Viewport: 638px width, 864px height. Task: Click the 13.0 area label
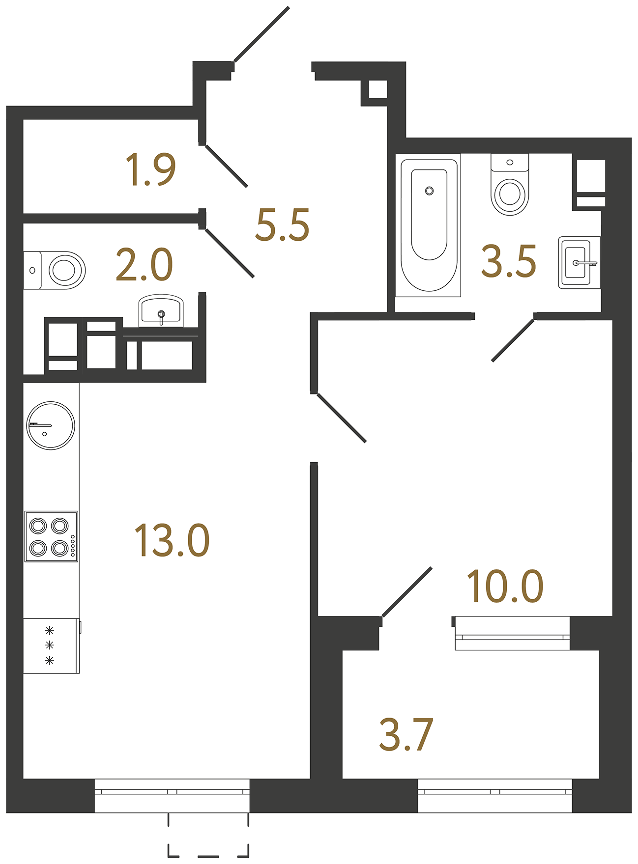pos(172,540)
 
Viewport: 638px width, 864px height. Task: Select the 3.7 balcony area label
pos(406,735)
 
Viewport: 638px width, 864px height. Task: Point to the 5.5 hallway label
pos(282,225)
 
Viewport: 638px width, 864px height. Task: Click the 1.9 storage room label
pos(150,169)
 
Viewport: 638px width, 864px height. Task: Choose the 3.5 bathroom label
pos(508,261)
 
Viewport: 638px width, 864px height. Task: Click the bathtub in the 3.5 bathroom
pos(429,226)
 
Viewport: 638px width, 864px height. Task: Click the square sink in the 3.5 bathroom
pos(579,262)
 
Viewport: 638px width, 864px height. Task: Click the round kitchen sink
pos(51,425)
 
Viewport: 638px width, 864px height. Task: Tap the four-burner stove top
pos(51,536)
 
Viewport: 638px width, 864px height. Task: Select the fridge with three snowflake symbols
pos(51,645)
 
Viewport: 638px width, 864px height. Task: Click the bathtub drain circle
pos(429,191)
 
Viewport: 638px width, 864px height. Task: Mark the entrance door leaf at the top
pos(261,34)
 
